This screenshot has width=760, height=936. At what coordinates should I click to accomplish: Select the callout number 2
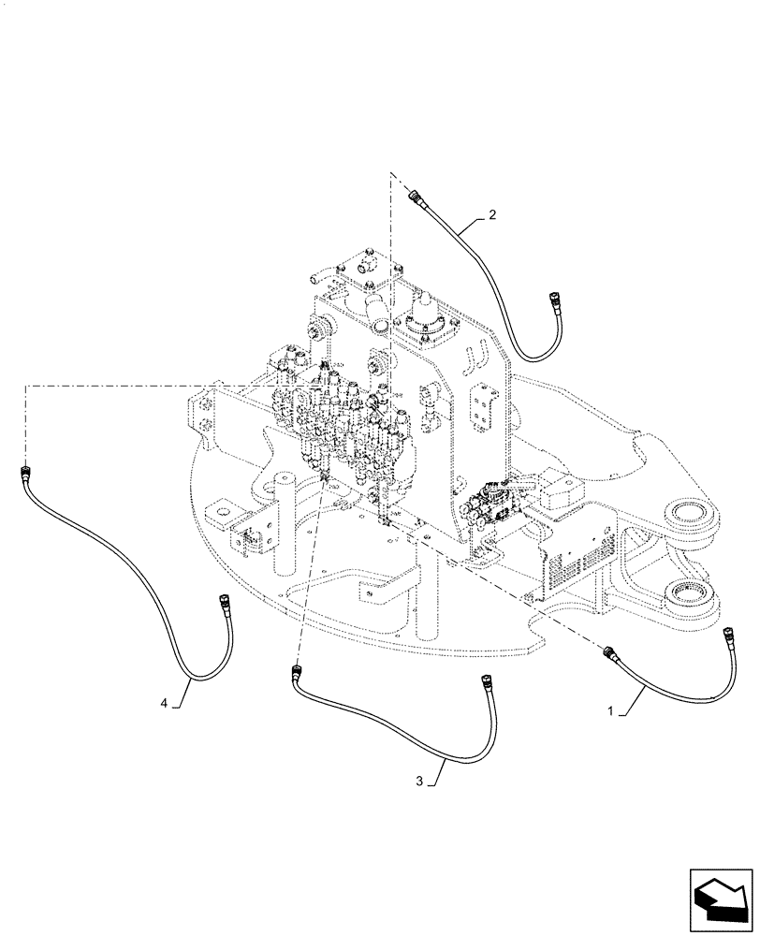coord(492,214)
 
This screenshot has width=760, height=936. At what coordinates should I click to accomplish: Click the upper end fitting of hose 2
coord(417,197)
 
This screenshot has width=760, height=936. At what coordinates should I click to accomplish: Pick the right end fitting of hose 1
coord(730,633)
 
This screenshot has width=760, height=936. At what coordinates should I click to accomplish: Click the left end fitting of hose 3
coord(299,672)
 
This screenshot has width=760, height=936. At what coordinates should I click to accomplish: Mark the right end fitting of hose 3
coord(486,680)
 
